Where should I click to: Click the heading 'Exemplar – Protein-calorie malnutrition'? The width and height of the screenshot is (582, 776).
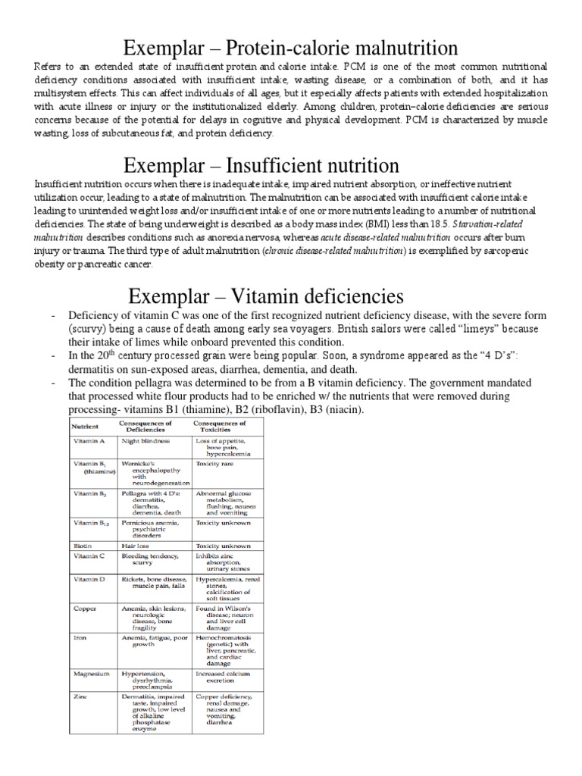coord(291,48)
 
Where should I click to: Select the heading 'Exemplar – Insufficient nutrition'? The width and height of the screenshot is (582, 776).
coord(291,164)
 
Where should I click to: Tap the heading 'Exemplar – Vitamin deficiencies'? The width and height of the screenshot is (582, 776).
coord(291,294)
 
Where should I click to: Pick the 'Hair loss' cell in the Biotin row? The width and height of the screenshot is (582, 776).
coord(137,544)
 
